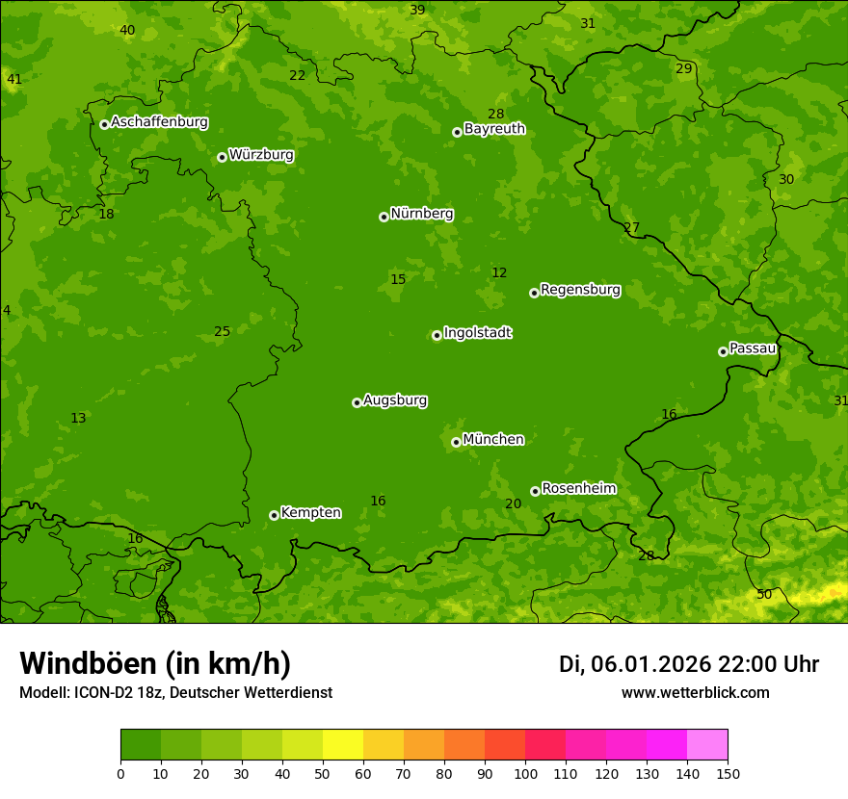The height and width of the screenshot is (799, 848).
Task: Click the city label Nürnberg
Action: point(421,214)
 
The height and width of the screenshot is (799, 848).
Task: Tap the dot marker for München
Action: point(457,442)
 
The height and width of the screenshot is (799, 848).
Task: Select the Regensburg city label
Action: point(580,290)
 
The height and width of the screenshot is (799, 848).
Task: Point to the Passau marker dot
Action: point(723,351)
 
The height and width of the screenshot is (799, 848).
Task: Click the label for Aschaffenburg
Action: point(159,122)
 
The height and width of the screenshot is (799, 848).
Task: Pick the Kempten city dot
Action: point(274,515)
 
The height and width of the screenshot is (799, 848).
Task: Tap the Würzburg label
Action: point(261,155)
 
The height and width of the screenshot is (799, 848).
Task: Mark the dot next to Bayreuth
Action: point(457,132)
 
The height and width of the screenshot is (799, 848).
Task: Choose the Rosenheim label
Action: point(578,489)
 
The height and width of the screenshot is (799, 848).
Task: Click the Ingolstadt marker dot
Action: point(437,335)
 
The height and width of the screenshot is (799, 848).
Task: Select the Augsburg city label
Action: point(395,400)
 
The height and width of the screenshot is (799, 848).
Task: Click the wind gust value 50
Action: point(764,595)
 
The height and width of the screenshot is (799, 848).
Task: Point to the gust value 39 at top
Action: point(417,11)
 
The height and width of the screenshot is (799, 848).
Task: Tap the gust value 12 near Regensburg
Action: point(499,273)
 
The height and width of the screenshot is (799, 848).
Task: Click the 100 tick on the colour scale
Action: point(525,773)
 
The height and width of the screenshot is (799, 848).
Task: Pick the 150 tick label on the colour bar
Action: point(728,773)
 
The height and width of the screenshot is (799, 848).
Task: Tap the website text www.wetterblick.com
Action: point(695,692)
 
